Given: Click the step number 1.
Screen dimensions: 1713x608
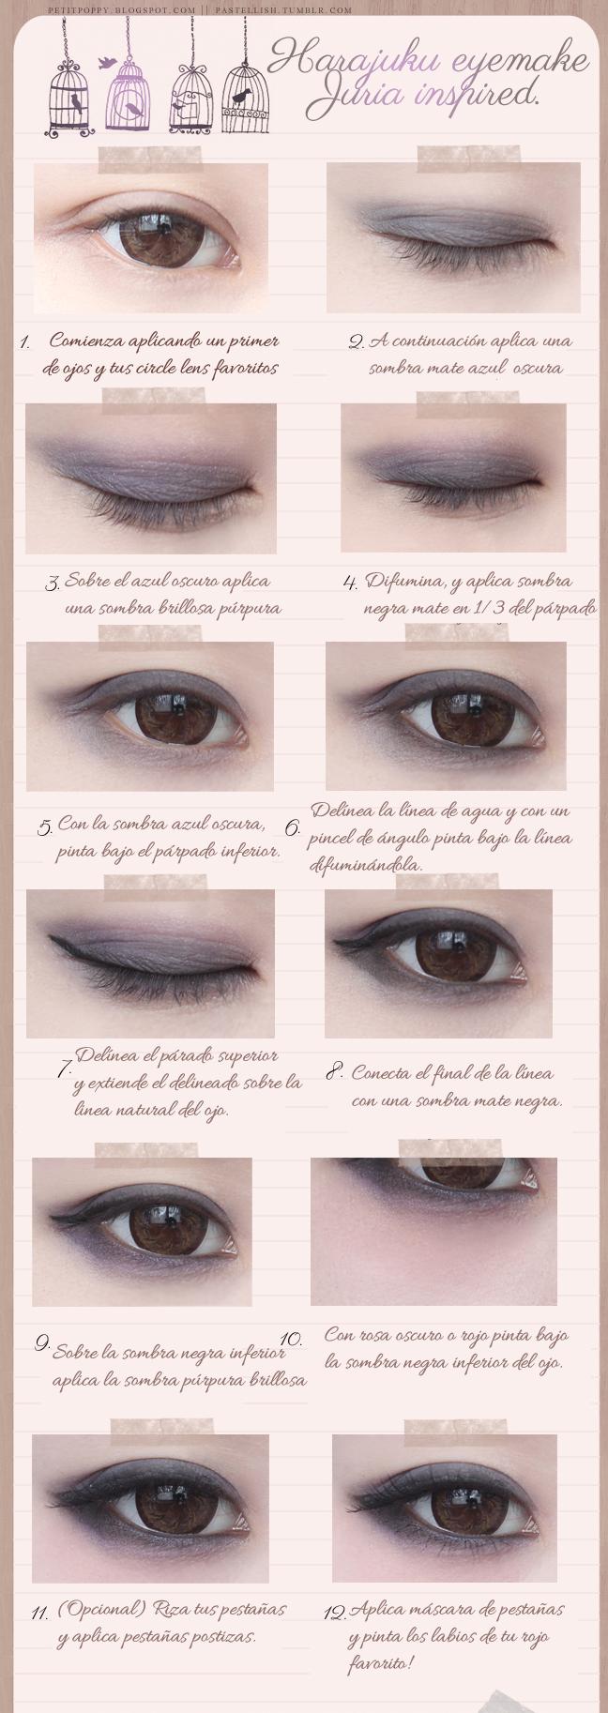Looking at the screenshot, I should [25, 343].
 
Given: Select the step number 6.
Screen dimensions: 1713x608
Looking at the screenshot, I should [292, 827].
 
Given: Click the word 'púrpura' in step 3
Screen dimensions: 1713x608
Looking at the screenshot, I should [243, 607].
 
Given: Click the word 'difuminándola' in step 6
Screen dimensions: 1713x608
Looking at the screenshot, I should [365, 864].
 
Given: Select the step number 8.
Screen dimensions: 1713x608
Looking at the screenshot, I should [334, 1070].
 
